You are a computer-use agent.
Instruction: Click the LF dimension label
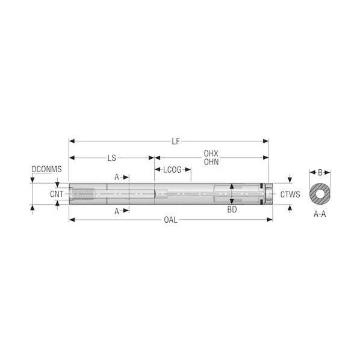(176, 141)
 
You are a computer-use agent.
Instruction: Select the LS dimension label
(112, 158)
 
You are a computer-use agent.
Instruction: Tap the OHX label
(211, 154)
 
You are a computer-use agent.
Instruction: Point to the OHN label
(211, 162)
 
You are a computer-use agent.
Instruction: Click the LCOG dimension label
(172, 170)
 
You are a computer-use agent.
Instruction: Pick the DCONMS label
(46, 169)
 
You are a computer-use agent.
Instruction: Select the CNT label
(57, 194)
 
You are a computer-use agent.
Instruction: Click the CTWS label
(290, 194)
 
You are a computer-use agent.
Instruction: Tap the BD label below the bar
(232, 209)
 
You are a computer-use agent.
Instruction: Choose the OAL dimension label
(170, 220)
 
